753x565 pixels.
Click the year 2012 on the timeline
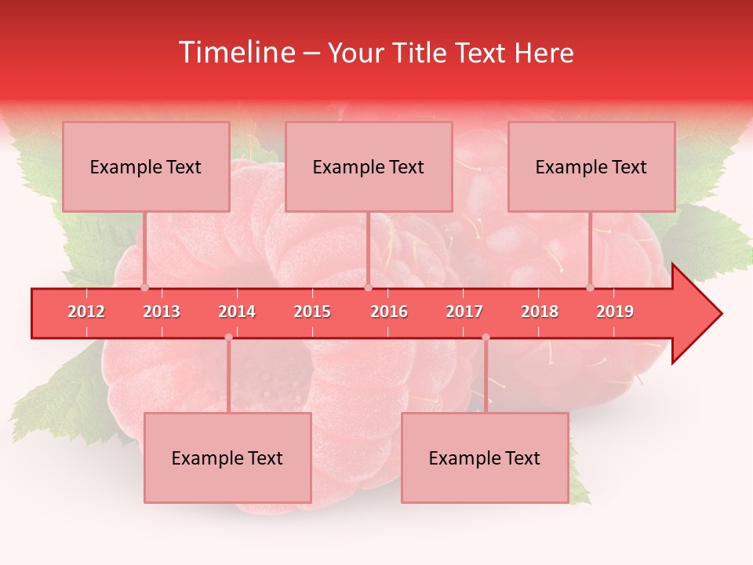86,312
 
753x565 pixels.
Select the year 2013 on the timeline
162,312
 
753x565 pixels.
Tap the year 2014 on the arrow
237,312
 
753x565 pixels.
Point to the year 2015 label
312,312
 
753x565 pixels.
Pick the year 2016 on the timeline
389,312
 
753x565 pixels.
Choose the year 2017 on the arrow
464,312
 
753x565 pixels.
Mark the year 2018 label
540,312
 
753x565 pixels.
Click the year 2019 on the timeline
615,312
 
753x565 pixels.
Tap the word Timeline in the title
235,53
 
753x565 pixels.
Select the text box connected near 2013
146,166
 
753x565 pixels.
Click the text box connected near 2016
369,166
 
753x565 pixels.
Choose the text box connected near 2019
591,166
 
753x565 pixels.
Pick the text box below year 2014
227,457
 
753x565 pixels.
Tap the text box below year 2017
485,457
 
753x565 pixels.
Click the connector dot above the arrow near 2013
144,288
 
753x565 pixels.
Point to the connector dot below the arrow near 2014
228,337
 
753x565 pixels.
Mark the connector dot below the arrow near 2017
486,337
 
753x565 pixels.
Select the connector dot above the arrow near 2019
590,288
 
